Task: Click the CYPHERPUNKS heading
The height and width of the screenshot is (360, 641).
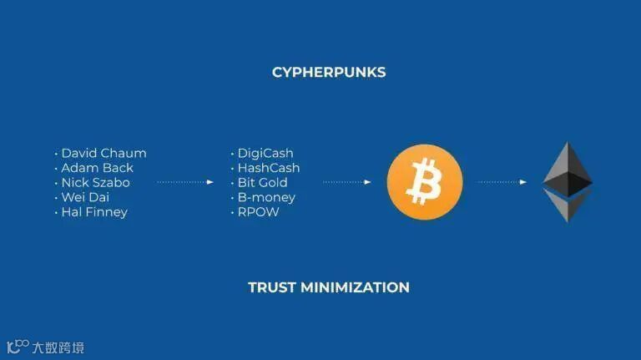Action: (x=329, y=72)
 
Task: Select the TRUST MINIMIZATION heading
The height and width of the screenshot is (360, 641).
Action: (x=329, y=287)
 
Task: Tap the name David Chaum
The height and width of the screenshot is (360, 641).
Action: (x=103, y=153)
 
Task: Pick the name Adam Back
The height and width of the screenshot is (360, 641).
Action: (x=97, y=168)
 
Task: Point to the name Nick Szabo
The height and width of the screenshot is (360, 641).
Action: (x=95, y=183)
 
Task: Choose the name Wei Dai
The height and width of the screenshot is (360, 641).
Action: (x=85, y=197)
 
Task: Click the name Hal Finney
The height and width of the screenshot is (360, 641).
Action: (x=94, y=212)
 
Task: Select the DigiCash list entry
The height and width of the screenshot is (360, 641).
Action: (x=265, y=153)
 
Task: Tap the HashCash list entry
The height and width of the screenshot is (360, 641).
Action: (x=269, y=168)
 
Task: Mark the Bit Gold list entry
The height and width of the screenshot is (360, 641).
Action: (x=262, y=183)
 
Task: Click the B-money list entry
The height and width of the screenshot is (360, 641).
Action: (x=266, y=197)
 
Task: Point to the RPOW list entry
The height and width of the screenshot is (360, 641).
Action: (x=258, y=212)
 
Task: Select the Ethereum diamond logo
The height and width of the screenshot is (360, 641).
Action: (x=568, y=181)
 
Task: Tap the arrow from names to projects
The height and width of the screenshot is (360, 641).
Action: (x=185, y=182)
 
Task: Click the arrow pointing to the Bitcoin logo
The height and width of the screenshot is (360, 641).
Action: (x=347, y=182)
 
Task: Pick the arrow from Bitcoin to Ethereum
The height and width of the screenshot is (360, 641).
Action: (x=502, y=182)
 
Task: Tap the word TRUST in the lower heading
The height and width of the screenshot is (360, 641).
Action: (x=270, y=287)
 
